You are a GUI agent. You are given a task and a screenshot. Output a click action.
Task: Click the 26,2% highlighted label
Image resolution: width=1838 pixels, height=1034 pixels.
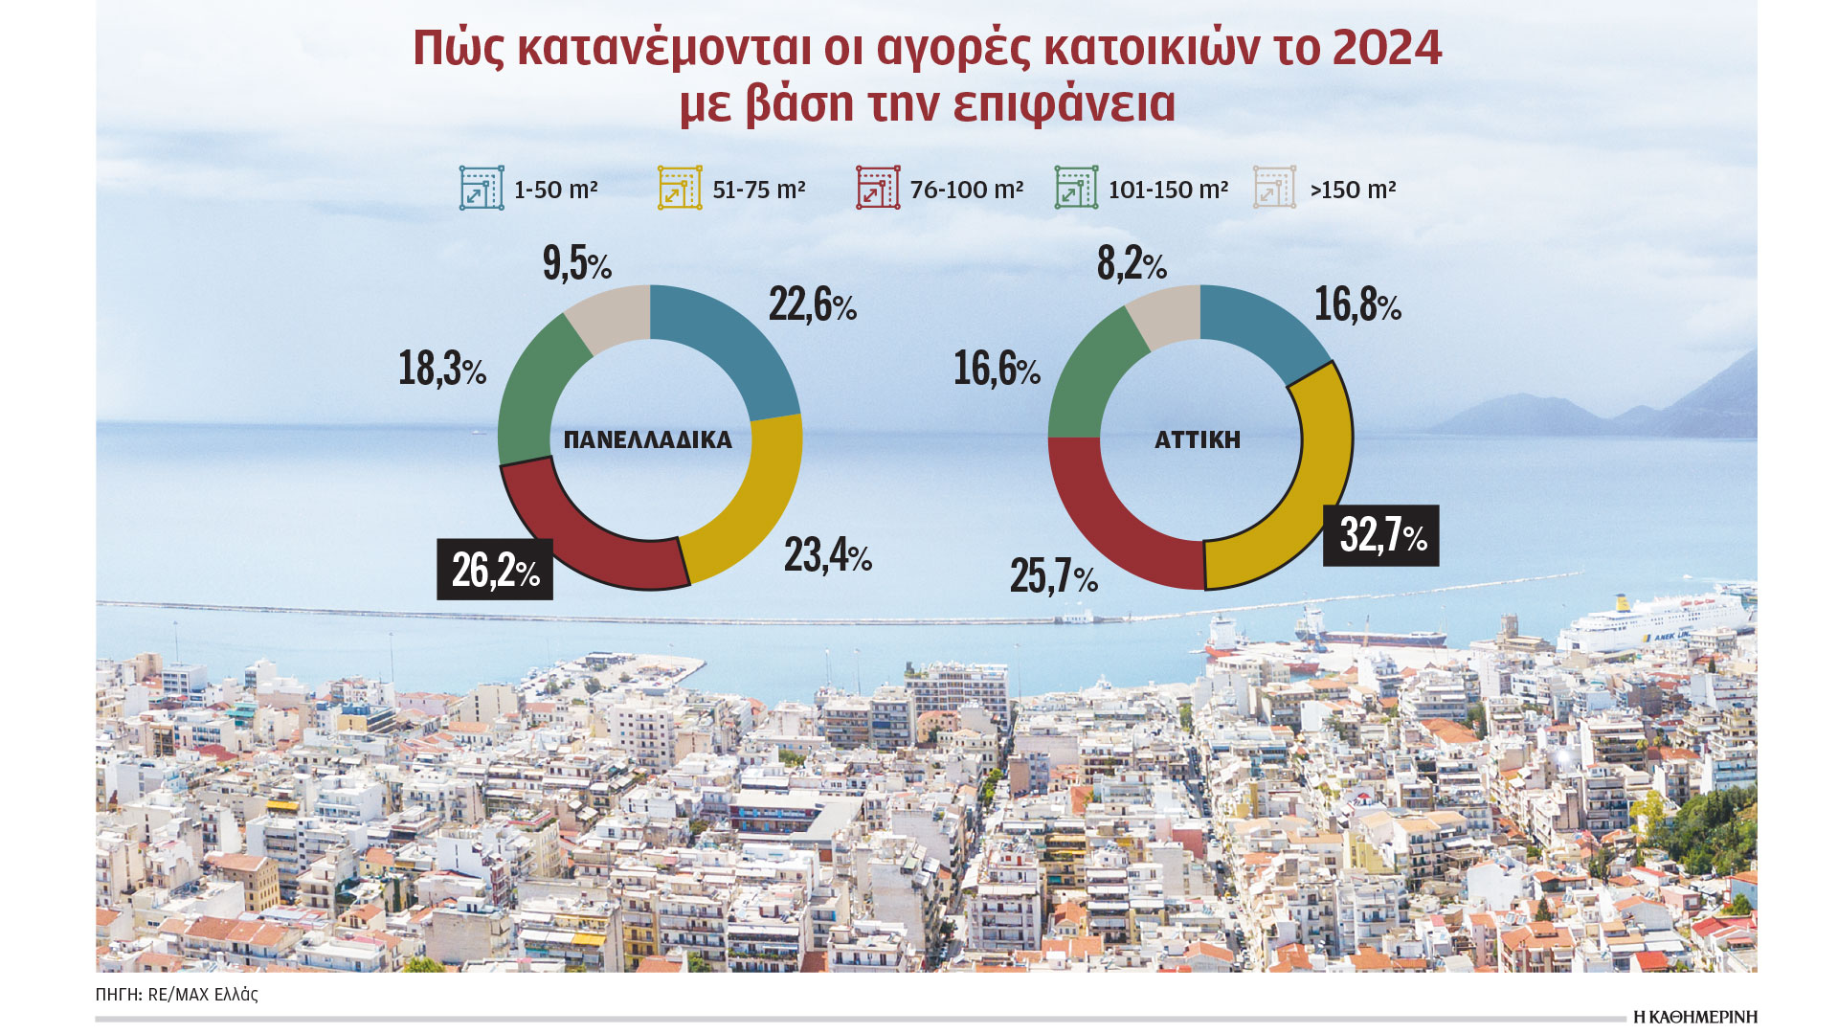pyautogui.click(x=495, y=571)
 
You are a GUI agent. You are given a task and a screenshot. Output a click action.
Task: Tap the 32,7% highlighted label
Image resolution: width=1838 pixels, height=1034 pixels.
pyautogui.click(x=1380, y=535)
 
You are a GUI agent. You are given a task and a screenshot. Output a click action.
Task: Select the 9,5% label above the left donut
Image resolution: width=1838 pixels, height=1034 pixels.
pyautogui.click(x=576, y=263)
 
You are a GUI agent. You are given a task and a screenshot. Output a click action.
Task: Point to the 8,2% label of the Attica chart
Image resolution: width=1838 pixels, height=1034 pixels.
pyautogui.click(x=1131, y=263)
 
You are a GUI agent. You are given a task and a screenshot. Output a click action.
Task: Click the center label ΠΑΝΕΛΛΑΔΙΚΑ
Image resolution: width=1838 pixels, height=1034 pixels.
pyautogui.click(x=648, y=440)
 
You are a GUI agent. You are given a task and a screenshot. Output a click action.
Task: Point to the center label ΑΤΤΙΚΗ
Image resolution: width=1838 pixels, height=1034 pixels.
pyautogui.click(x=1198, y=440)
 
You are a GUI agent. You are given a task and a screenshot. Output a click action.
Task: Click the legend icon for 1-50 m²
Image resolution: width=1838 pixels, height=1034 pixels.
pyautogui.click(x=481, y=188)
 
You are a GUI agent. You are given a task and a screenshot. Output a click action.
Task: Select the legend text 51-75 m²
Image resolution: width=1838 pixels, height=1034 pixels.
pyautogui.click(x=758, y=190)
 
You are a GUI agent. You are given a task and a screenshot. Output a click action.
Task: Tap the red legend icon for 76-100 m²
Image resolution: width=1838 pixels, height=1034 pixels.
pyautogui.click(x=877, y=188)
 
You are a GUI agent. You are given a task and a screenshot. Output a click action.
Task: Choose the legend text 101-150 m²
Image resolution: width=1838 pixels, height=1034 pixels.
pyautogui.click(x=1168, y=190)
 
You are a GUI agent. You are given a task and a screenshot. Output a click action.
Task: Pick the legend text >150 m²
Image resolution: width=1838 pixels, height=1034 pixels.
pyautogui.click(x=1353, y=190)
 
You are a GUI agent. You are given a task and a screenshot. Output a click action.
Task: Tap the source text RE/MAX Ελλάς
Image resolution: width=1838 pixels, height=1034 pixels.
pyautogui.click(x=203, y=995)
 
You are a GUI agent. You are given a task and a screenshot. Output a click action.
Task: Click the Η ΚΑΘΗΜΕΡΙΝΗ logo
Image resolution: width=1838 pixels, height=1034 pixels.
pyautogui.click(x=1694, y=1017)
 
